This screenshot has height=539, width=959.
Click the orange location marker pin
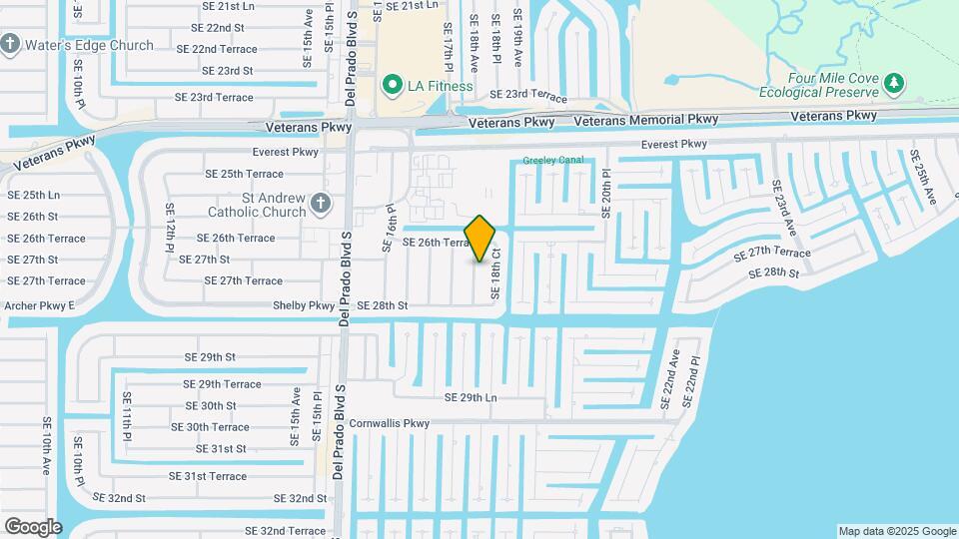(480, 239)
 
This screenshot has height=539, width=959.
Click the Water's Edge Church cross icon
(11, 45)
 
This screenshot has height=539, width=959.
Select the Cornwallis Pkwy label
(389, 423)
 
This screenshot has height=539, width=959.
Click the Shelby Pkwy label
(308, 305)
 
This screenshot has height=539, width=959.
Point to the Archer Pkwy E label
(40, 305)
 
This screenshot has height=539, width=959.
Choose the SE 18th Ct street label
(494, 273)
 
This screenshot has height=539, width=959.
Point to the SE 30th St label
(211, 406)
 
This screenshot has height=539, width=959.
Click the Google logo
(33, 527)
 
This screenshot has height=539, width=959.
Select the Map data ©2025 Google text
(896, 531)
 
